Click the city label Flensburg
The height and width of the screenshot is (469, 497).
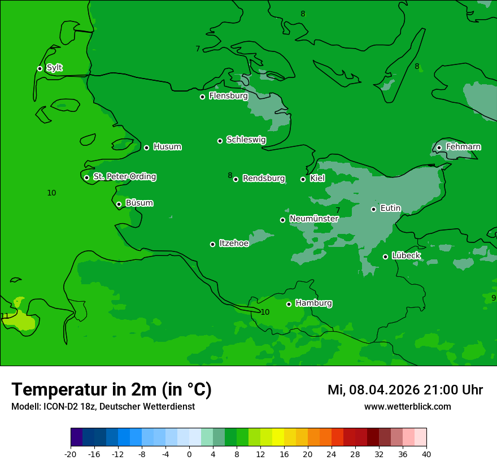(228, 96)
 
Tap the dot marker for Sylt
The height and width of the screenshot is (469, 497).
(40, 68)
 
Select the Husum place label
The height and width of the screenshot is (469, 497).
(167, 147)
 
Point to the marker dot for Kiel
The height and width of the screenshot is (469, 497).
(303, 179)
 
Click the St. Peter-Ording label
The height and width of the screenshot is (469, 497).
(124, 177)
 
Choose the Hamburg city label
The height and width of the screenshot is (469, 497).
(313, 303)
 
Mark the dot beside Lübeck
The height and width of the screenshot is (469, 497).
(385, 257)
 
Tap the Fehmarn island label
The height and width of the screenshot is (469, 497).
(463, 147)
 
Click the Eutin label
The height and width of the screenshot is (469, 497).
(390, 209)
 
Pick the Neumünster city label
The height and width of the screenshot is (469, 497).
(313, 219)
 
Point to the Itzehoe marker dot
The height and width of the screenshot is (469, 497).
(212, 244)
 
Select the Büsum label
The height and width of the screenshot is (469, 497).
(139, 203)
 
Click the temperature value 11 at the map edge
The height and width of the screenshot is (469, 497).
(5, 316)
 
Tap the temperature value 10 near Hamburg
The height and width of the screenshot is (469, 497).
(265, 312)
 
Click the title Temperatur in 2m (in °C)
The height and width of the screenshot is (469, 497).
(111, 389)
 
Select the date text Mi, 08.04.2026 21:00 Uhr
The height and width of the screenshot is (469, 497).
(405, 390)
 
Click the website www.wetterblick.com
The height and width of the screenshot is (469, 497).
(407, 407)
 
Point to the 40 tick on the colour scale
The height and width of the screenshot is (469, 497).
(426, 454)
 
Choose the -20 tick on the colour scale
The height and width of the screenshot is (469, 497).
(71, 454)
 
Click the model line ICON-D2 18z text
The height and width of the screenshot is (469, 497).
(103, 407)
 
